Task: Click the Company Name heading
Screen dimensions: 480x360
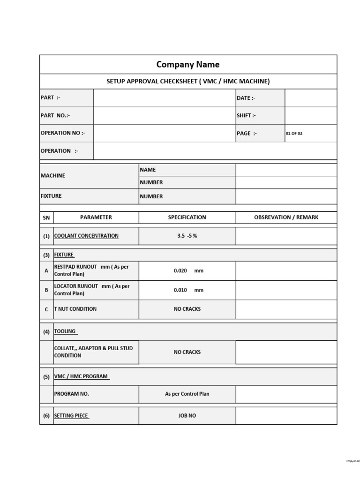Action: tap(187, 65)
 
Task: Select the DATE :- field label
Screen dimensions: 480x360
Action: tap(246, 98)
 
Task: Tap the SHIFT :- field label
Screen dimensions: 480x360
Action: tap(246, 115)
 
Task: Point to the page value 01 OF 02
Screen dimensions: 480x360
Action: tap(294, 133)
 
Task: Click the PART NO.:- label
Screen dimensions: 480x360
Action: tap(55, 115)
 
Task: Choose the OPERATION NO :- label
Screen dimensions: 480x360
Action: tap(63, 133)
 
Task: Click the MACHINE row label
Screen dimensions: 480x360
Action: tap(53, 175)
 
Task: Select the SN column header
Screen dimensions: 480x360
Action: tap(46, 217)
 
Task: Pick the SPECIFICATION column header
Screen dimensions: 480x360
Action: tap(187, 217)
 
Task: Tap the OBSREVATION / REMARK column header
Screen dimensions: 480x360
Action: tap(286, 217)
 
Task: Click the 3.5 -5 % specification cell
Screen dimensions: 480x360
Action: tap(187, 236)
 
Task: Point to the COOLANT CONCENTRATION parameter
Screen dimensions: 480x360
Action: tap(86, 236)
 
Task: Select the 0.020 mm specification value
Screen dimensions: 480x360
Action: tap(188, 271)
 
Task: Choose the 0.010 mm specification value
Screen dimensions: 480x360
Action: tap(188, 290)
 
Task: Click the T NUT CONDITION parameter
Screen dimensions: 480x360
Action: tap(75, 309)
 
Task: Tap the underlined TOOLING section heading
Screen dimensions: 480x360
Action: tap(65, 331)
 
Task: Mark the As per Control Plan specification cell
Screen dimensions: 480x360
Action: tap(187, 394)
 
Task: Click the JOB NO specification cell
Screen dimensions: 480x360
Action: tap(187, 416)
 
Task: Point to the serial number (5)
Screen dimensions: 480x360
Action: tap(46, 376)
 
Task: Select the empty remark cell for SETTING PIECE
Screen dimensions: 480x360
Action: tap(286, 416)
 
